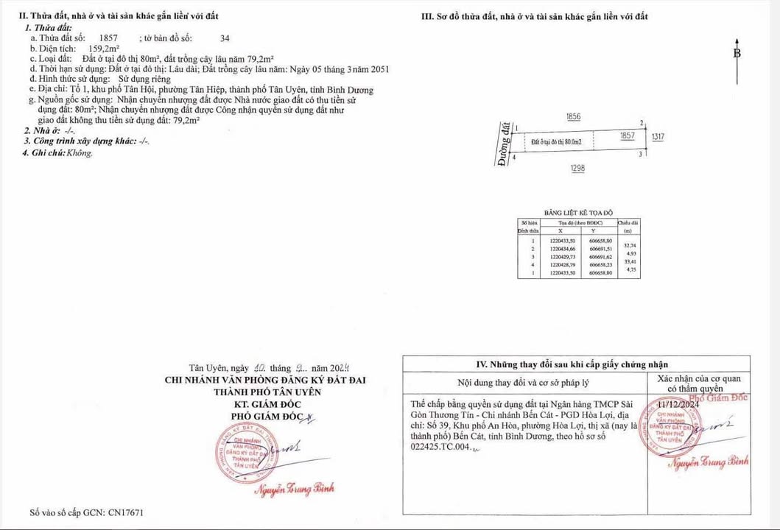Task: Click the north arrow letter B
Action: [x=737, y=53]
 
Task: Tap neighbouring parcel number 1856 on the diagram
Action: [x=575, y=117]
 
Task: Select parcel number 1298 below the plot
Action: [x=577, y=169]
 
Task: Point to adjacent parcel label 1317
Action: [x=658, y=137]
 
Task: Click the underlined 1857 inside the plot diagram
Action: [x=628, y=137]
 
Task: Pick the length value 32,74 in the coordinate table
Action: [x=630, y=245]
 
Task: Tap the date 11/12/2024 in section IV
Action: [x=678, y=404]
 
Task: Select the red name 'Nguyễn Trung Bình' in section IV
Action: [x=707, y=462]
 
